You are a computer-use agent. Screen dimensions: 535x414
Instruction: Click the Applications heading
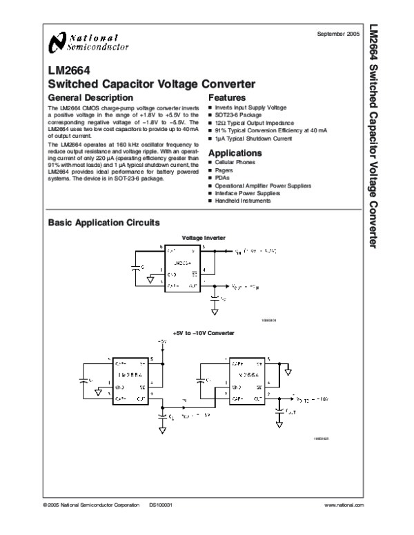click(235, 152)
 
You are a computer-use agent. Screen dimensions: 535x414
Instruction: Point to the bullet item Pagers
click(224, 170)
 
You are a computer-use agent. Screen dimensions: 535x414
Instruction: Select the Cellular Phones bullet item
click(235, 162)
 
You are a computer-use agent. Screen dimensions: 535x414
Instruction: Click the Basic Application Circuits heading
click(103, 223)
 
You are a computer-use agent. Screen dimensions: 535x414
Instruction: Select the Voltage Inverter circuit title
click(204, 238)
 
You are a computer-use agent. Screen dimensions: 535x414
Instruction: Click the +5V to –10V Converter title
click(204, 333)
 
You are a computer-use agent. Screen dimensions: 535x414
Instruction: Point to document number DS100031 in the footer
click(159, 506)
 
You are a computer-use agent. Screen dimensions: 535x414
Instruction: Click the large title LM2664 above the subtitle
click(67, 70)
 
